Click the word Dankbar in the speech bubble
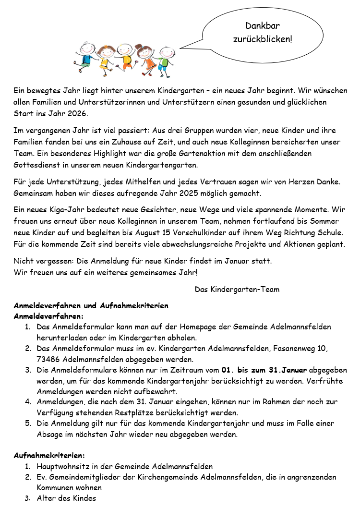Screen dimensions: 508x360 point(263,26)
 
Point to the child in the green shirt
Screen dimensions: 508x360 point(166,60)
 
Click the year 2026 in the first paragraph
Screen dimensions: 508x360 point(78,114)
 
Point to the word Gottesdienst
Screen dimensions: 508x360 point(37,165)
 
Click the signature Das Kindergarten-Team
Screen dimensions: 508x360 point(237,289)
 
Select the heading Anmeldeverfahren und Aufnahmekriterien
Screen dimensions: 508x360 point(91,305)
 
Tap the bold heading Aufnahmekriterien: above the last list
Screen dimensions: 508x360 point(49,455)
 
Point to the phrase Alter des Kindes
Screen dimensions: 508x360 point(66,498)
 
